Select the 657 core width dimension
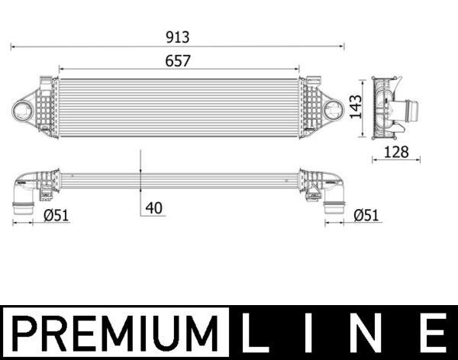(x=177, y=60)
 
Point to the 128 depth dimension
(x=396, y=152)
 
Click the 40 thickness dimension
(x=154, y=207)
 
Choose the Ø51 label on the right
(x=366, y=216)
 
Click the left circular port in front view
(x=25, y=109)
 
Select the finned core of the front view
(x=178, y=108)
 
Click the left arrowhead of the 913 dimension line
(x=12, y=47)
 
